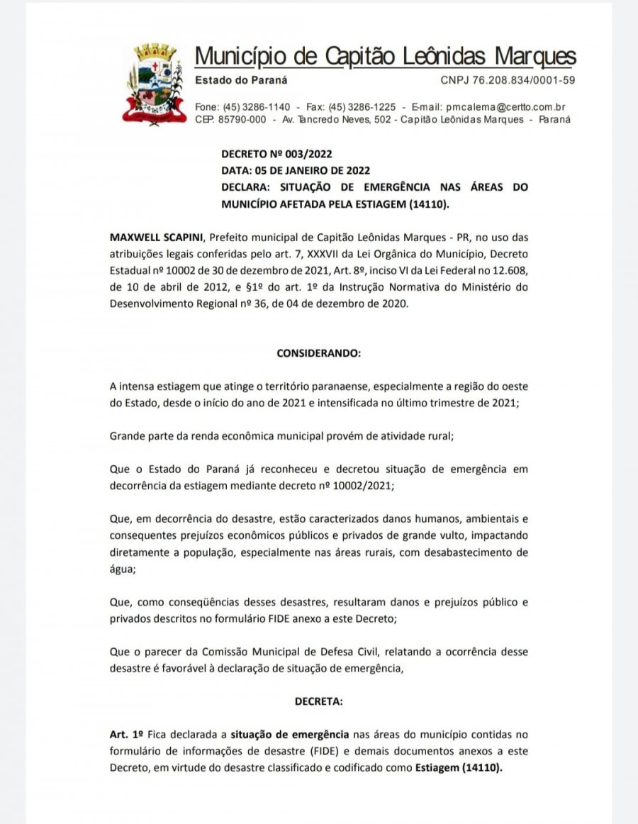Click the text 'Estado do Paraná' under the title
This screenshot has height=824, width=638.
pos(241,80)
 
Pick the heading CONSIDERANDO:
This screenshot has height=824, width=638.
pos(318,352)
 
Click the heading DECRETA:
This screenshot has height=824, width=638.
pos(318,701)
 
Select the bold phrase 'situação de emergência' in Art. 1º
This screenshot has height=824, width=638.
pos(290,734)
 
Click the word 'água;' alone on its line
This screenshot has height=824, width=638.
pos(123,568)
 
